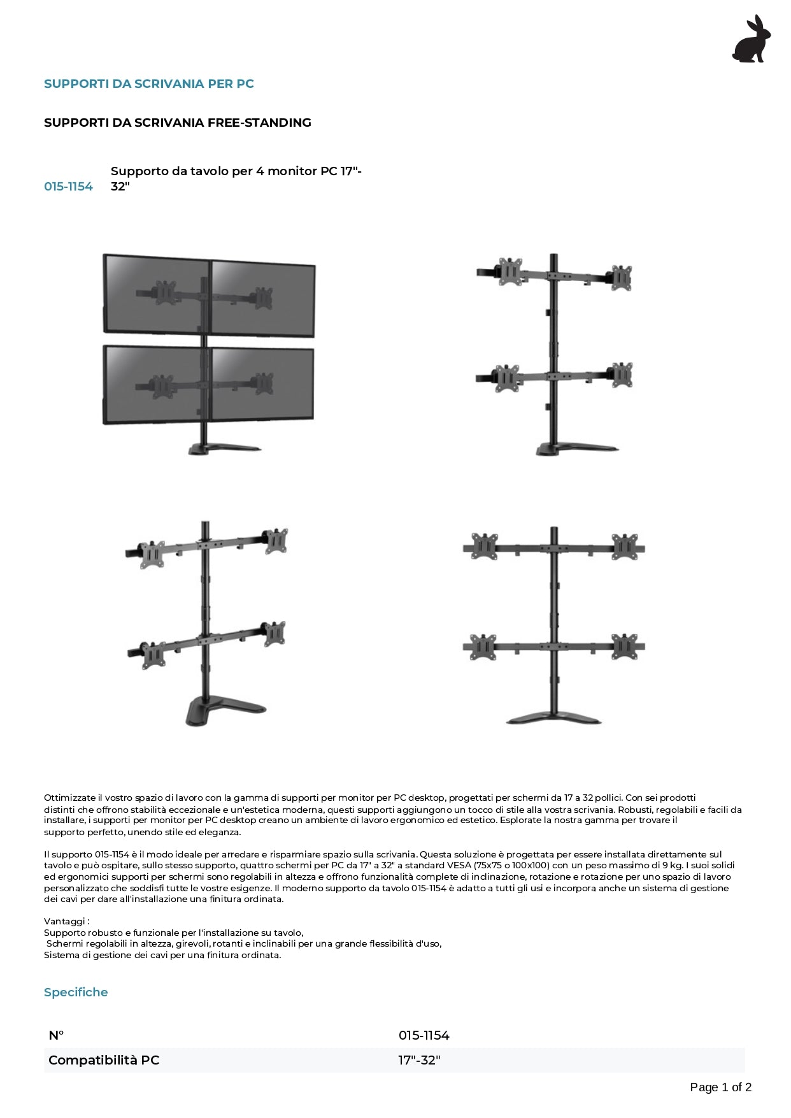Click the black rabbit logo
tap(752, 39)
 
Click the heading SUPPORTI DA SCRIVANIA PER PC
tap(148, 83)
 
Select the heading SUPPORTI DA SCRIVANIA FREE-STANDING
tap(177, 122)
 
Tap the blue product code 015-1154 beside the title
tap(68, 186)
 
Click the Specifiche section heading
tap(76, 992)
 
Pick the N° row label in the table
tap(56, 1035)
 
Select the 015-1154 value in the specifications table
tap(424, 1035)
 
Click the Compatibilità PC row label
tap(104, 1060)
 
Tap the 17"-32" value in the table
tap(419, 1060)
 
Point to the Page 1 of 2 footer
tap(720, 1087)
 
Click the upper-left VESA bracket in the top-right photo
tap(510, 271)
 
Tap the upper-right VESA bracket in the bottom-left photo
tap(277, 540)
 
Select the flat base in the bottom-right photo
tap(553, 719)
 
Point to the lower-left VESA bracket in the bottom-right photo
tap(483, 647)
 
